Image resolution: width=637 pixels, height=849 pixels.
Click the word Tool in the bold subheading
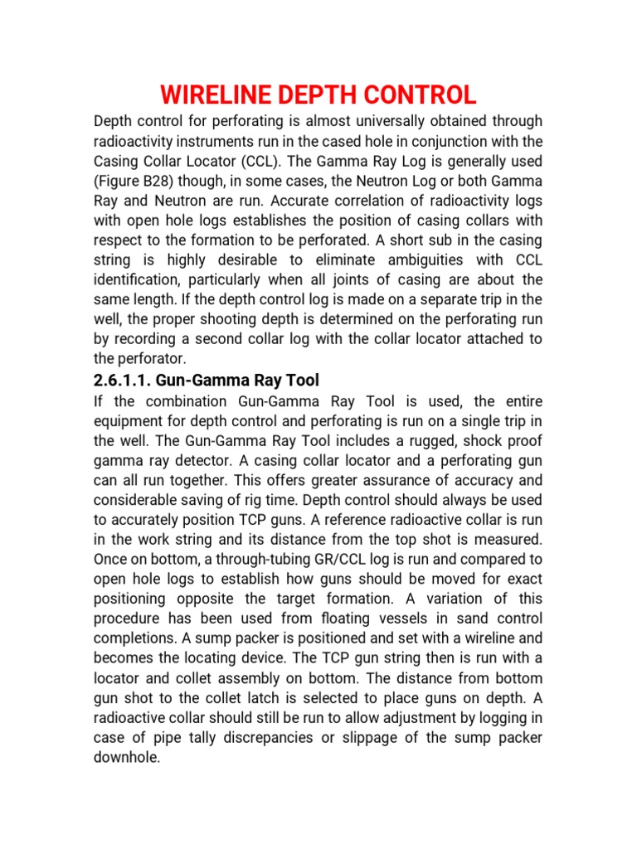click(302, 380)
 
